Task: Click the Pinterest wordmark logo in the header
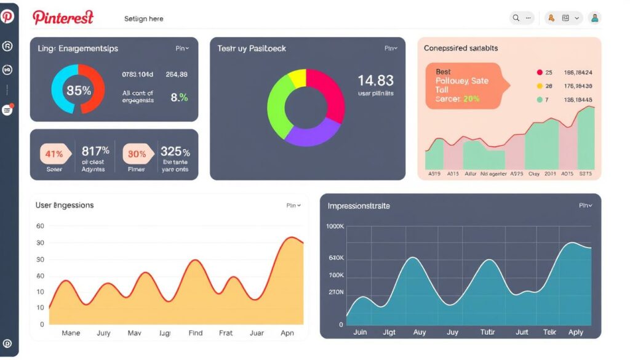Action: [63, 18]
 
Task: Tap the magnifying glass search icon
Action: [516, 18]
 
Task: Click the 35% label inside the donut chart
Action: [79, 90]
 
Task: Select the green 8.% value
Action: [179, 97]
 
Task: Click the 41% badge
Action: [54, 154]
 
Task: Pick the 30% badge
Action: [137, 154]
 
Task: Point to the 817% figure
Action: [95, 151]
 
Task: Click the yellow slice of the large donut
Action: [297, 79]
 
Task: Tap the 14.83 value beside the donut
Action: [375, 81]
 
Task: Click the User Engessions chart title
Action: [65, 205]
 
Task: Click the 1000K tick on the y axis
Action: [335, 226]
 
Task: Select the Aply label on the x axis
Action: [575, 332]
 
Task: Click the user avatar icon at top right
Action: [594, 18]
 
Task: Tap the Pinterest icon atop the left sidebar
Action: [7, 17]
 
